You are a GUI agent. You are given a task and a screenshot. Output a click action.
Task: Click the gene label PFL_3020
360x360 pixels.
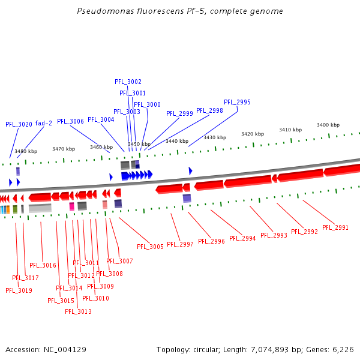coord(19,124)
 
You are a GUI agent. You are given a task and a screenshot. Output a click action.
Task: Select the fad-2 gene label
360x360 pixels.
coord(43,123)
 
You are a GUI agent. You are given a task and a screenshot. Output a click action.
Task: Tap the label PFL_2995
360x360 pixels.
coord(237,102)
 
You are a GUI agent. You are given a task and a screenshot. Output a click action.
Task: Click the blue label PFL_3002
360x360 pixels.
coord(128,82)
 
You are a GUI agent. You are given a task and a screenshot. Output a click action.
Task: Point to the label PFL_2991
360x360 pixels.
coord(335,227)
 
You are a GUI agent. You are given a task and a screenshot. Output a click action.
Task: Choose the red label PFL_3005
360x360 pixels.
coord(150,247)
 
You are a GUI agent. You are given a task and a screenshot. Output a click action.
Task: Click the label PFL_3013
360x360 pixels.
coord(79,311)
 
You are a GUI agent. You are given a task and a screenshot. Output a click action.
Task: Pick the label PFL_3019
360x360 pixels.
coord(19,290)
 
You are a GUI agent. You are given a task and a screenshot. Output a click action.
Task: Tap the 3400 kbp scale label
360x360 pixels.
coord(328,125)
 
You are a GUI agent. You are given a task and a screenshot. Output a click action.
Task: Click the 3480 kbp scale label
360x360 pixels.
coord(26,151)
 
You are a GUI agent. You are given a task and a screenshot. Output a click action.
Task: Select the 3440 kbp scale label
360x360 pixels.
coord(177,141)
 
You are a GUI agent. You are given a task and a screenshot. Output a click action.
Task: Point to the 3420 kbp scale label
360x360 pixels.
coord(252,134)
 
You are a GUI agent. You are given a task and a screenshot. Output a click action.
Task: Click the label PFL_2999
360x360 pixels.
coord(179,113)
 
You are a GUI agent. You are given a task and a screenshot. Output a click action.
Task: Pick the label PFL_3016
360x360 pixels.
coord(43,265)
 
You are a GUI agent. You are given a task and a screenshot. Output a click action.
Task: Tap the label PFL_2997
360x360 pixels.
coord(180,244)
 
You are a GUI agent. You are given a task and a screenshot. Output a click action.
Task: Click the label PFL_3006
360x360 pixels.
coord(70,121)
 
